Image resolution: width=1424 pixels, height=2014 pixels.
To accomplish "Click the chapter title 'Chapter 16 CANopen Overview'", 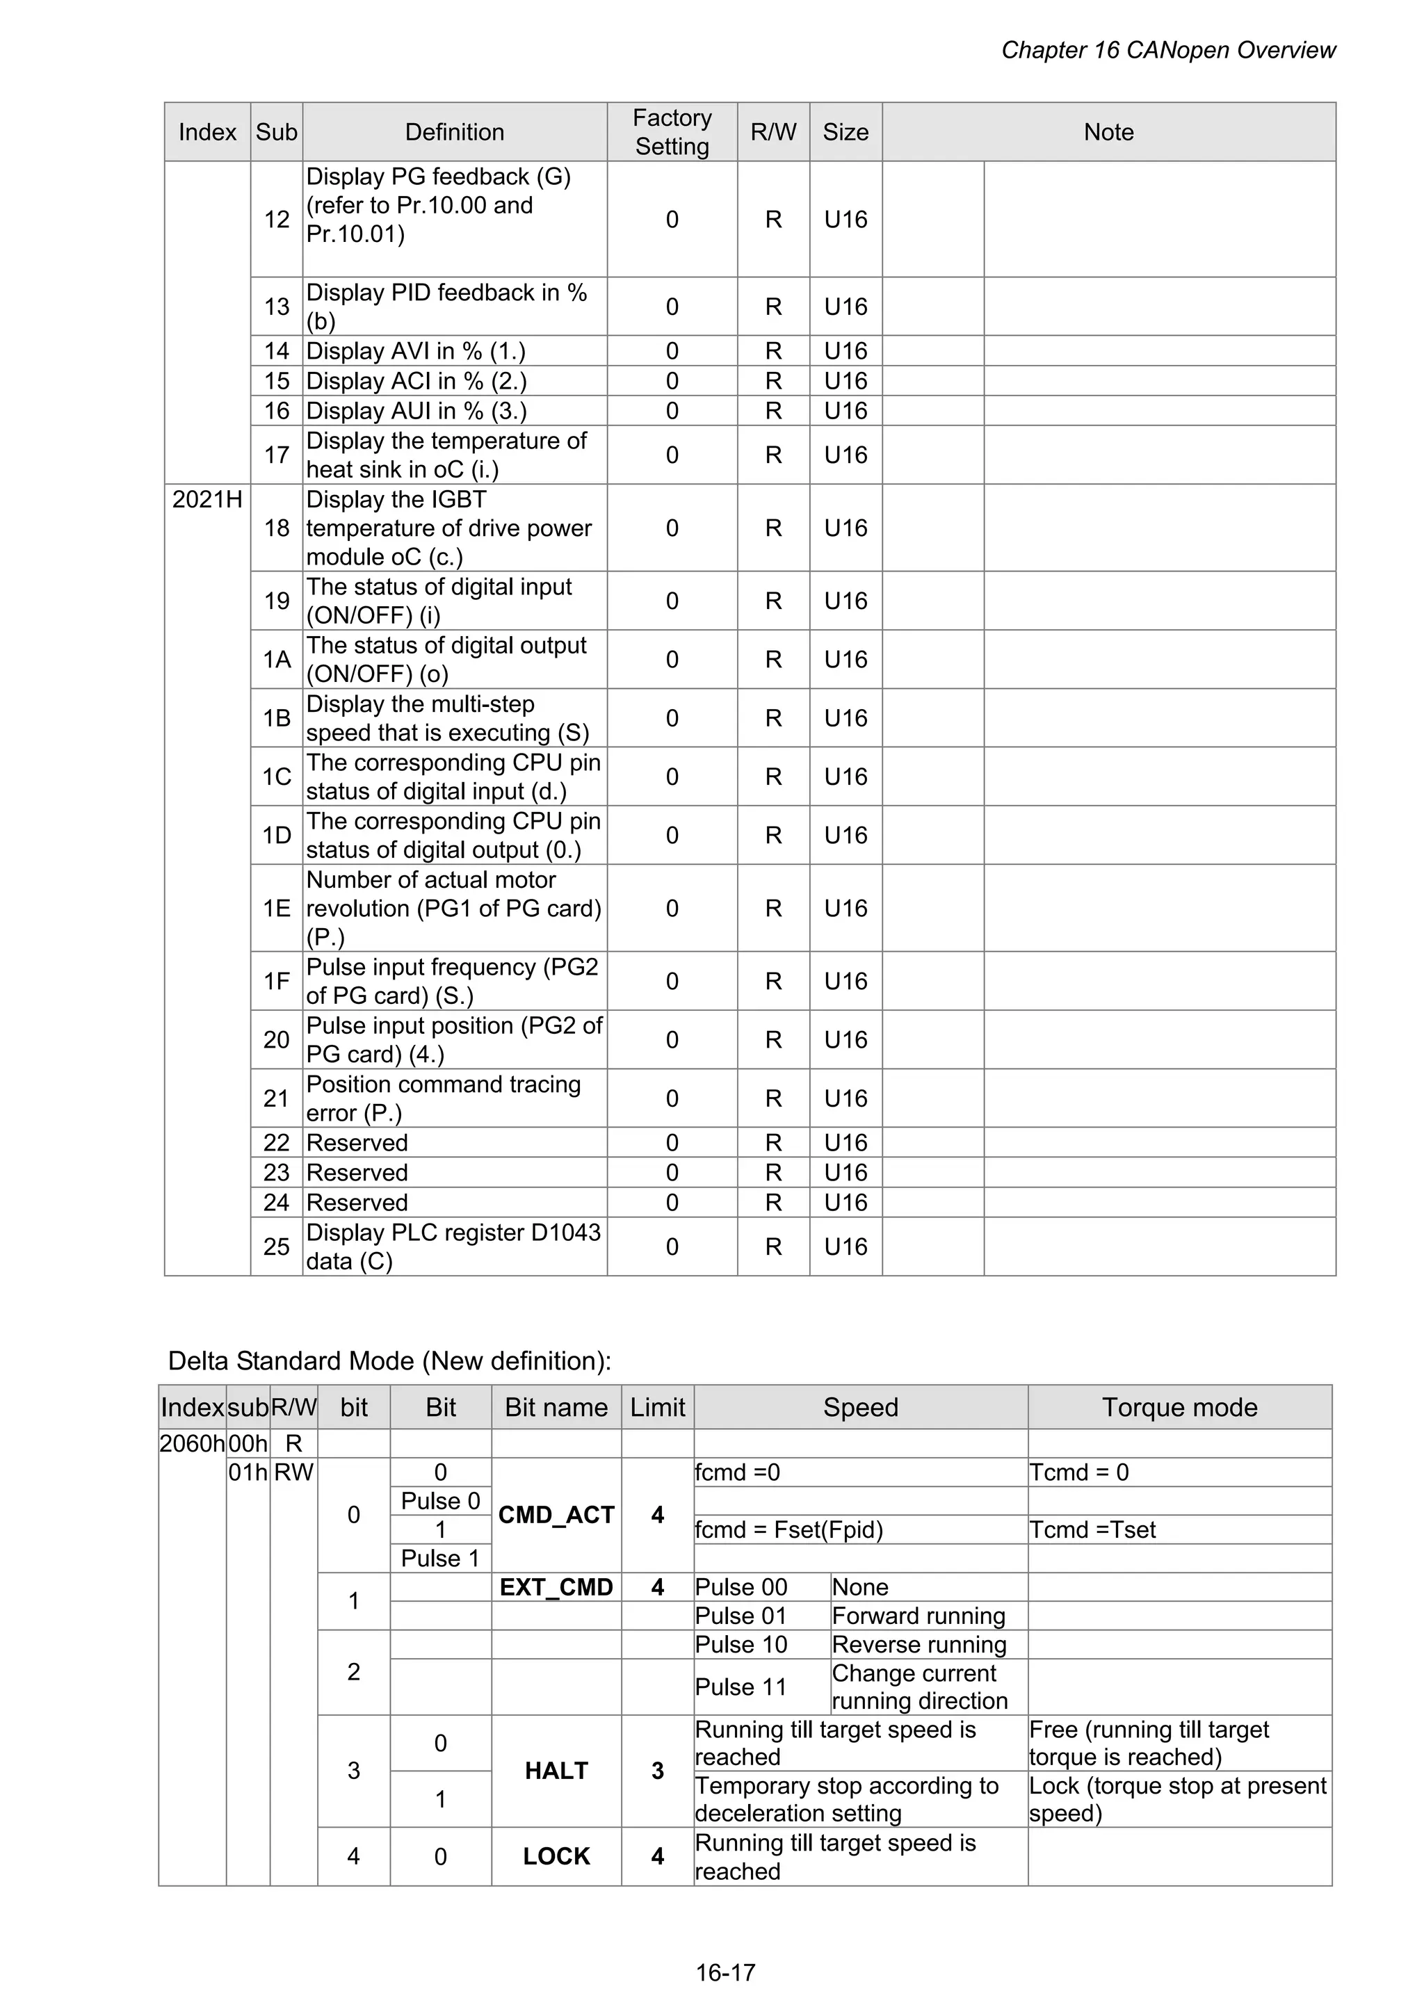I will coord(1168,51).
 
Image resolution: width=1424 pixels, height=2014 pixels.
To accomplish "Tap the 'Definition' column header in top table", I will coord(455,133).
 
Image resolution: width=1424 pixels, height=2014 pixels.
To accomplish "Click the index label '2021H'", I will coord(207,499).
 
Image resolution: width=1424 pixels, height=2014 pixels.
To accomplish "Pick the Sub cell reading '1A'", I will coord(276,659).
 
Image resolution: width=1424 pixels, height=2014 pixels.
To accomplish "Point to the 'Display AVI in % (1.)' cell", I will coord(416,351).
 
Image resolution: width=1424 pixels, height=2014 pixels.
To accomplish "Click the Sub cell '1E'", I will coord(276,908).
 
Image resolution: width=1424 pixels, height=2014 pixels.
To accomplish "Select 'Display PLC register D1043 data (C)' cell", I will coord(453,1246).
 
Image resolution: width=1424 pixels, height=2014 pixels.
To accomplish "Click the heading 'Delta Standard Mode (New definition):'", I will coord(389,1361).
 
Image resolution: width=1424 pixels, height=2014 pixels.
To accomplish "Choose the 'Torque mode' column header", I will coord(1179,1407).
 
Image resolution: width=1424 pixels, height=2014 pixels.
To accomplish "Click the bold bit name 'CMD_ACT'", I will coord(556,1515).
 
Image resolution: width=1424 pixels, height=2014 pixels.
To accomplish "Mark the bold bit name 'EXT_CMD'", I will coord(556,1587).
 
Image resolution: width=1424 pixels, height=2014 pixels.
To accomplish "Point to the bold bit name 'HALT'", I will coord(556,1770).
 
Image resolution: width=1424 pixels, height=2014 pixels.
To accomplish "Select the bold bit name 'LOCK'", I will coord(556,1856).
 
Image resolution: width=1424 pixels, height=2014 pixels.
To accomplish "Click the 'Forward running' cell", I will coord(919,1616).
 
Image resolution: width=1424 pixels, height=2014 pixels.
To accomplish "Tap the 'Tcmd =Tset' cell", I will coord(1092,1530).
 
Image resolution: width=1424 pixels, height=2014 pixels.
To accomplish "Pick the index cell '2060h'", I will coord(192,1443).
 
